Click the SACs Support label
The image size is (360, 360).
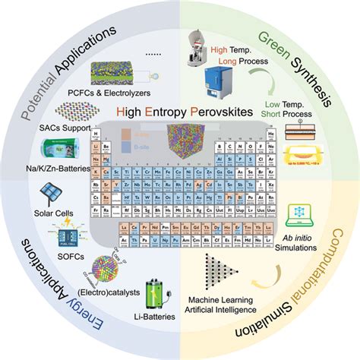(64, 125)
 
